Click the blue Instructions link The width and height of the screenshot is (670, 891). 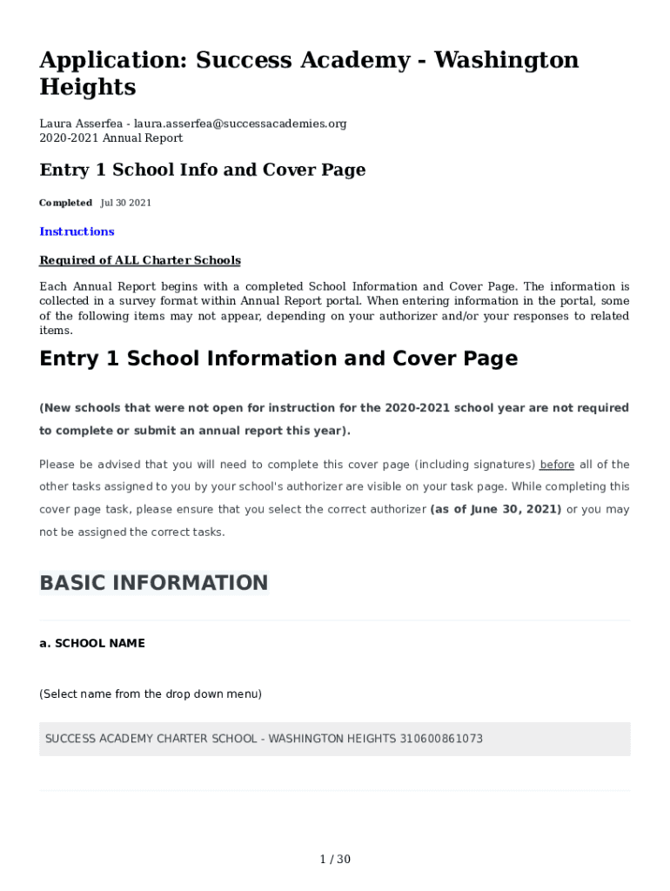77,231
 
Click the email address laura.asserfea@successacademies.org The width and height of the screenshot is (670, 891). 242,124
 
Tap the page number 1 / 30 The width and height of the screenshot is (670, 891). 335,860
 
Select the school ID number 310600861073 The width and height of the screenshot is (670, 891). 441,739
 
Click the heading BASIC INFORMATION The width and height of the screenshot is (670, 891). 154,583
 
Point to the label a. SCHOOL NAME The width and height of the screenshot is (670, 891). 92,643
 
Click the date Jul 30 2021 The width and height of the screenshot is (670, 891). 126,203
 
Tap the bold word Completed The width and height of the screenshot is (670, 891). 65,203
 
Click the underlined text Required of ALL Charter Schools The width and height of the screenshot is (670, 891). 140,260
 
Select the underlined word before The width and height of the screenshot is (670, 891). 557,465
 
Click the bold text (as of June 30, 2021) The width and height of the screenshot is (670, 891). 496,509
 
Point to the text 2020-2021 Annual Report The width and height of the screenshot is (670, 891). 111,137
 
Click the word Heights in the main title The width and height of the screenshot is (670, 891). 88,87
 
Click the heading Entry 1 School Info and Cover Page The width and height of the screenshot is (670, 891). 202,170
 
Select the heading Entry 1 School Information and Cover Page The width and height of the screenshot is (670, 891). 278,358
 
